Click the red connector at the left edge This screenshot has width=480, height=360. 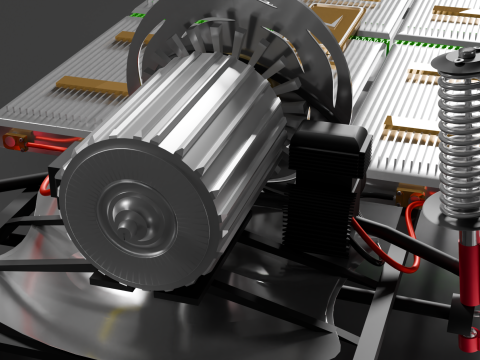pyautogui.click(x=16, y=141)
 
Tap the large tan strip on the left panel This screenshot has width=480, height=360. pyautogui.click(x=90, y=86)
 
